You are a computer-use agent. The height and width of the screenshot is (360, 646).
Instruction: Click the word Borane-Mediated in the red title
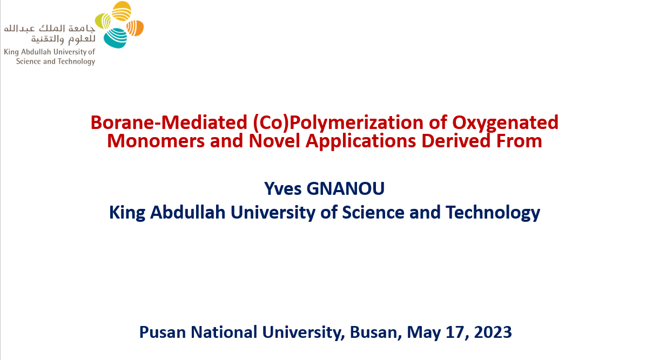[x=169, y=123]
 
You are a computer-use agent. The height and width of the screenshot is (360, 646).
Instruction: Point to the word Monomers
[x=156, y=141]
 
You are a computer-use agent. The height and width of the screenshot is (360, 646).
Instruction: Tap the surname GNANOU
[x=346, y=189]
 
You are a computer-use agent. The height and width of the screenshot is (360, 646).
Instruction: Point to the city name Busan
[x=376, y=332]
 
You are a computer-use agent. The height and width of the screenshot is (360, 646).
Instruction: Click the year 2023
[x=493, y=332]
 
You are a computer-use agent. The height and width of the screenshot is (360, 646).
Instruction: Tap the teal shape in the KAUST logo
[x=116, y=38]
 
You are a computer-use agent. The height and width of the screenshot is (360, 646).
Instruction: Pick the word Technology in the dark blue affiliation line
[x=493, y=213]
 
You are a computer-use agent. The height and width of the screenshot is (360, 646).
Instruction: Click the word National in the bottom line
[x=224, y=332]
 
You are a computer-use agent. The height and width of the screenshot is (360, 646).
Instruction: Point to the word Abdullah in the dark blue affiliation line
[x=187, y=213]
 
